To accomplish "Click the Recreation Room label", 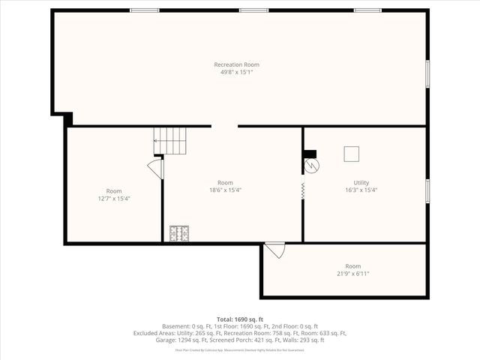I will (x=236, y=64).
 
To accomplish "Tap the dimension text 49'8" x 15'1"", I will (x=236, y=73).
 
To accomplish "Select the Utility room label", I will (x=361, y=182).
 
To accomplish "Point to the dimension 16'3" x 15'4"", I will (x=361, y=190).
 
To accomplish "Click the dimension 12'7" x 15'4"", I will (x=114, y=199).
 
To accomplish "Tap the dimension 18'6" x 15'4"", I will (x=225, y=190).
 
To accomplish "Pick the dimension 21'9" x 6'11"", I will (x=352, y=274).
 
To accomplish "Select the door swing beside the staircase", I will (x=156, y=168).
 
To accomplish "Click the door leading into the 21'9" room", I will (x=275, y=250).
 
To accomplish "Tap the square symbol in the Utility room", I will (x=352, y=154).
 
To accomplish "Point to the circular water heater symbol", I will (x=311, y=165).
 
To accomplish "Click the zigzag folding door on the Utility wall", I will (x=303, y=190).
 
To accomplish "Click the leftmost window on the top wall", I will (x=139, y=10).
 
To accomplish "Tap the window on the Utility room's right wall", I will (x=427, y=190).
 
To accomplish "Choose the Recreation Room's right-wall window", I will (x=427, y=73).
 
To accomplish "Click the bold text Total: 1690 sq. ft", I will (x=240, y=319).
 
